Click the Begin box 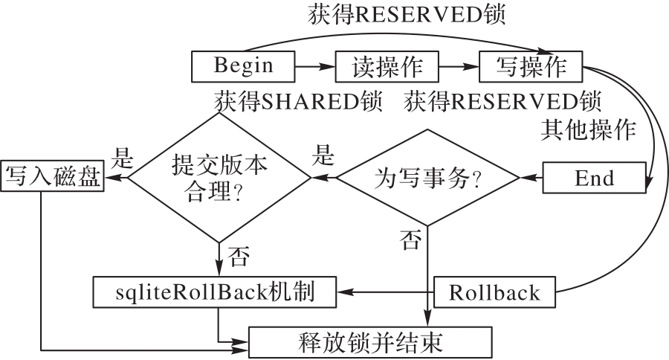pos(243,66)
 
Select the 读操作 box pos(387,67)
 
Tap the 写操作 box pos(530,67)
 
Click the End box pos(595,179)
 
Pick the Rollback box pos(494,292)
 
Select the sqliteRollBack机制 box pos(215,292)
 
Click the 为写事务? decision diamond pos(427,179)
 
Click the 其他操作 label pos(588,131)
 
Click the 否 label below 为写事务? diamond pos(410,239)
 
